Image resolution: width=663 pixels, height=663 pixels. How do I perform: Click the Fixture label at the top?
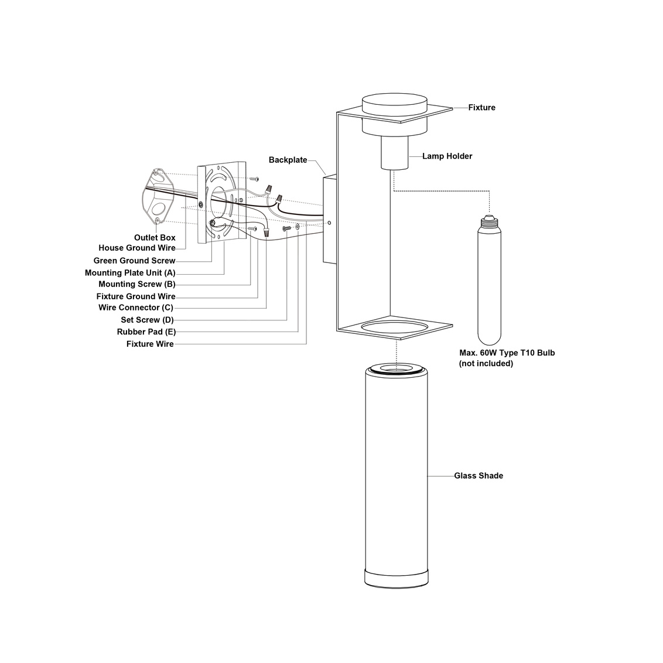pyautogui.click(x=481, y=107)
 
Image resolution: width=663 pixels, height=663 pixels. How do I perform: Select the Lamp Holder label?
pyautogui.click(x=447, y=156)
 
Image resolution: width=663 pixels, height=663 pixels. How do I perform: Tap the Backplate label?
pyautogui.click(x=288, y=160)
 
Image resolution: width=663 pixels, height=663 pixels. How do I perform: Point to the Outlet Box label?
pyautogui.click(x=155, y=238)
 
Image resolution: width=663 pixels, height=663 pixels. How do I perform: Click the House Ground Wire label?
pyautogui.click(x=137, y=248)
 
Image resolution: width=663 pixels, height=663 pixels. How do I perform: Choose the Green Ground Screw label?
pyautogui.click(x=135, y=261)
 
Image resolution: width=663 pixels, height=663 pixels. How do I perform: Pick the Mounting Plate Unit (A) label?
pyautogui.click(x=130, y=273)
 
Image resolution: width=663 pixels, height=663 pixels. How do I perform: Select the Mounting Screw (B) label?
pyautogui.click(x=137, y=284)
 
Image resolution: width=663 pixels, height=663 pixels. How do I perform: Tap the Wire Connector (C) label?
pyautogui.click(x=136, y=307)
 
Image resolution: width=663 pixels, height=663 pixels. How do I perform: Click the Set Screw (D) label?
pyautogui.click(x=147, y=320)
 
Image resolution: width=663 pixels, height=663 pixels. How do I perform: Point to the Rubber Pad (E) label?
pyautogui.click(x=146, y=332)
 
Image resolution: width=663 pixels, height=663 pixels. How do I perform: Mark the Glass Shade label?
pyautogui.click(x=479, y=476)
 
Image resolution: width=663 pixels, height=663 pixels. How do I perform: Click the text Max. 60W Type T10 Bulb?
pyautogui.click(x=507, y=353)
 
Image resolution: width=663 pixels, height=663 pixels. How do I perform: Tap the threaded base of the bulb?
pyautogui.click(x=489, y=221)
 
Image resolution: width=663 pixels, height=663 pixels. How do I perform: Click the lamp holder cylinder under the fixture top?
pyautogui.click(x=395, y=153)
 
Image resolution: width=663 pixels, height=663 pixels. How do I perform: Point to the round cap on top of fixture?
pyautogui.click(x=395, y=104)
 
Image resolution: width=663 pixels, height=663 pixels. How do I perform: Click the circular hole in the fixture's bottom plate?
pyautogui.click(x=395, y=328)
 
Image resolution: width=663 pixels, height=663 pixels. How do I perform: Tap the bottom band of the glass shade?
pyautogui.click(x=396, y=579)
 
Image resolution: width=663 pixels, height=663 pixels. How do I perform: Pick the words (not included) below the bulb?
pyautogui.click(x=486, y=364)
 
